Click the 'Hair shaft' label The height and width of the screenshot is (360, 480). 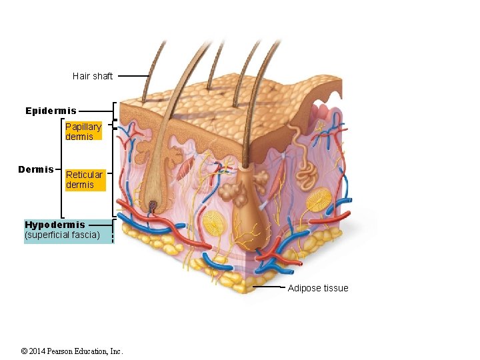coord(93,76)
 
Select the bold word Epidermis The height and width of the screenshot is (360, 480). coord(51,111)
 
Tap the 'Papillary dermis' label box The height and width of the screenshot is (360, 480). coord(83,131)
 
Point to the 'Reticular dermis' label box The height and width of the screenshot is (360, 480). coord(85,179)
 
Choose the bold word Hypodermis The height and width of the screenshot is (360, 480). coord(55,225)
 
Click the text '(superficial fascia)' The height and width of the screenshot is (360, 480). coord(62,235)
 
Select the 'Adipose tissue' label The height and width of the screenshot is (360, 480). coord(317,288)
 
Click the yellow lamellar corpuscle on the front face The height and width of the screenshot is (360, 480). coord(215,225)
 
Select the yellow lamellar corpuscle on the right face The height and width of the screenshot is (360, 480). coord(319,201)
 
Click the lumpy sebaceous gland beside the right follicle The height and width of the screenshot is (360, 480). coord(234,193)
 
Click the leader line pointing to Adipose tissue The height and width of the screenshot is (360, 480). coord(269,288)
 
